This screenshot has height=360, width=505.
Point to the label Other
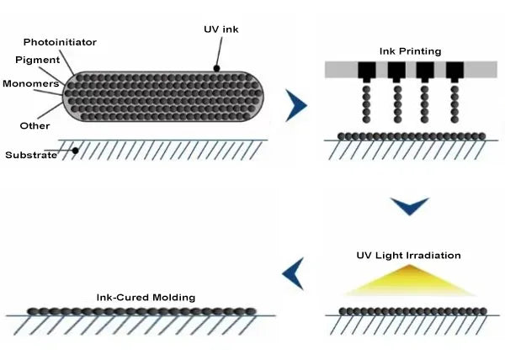coord(29,125)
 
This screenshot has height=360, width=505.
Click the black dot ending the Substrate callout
coord(75,151)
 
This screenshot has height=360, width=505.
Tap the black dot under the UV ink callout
coord(216,68)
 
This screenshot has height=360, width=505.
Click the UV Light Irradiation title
coord(410,255)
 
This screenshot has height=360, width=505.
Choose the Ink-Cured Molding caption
coord(145,297)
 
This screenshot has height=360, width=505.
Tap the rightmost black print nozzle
coord(454,71)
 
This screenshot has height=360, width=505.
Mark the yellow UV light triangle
coord(410,282)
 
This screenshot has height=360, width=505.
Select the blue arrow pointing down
coord(410,205)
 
